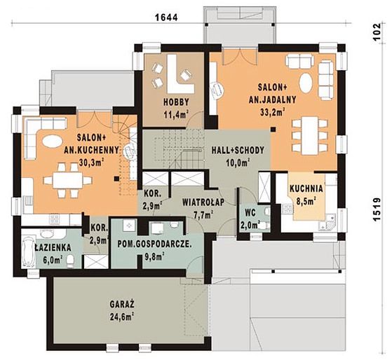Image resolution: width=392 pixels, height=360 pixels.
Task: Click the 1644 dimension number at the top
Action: (166, 18)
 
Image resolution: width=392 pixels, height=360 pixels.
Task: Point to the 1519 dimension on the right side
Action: (377, 209)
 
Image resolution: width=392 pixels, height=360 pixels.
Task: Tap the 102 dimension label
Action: (377, 32)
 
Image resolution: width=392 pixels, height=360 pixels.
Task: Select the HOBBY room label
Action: (176, 102)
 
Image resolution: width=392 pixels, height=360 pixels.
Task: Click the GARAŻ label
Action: (122, 305)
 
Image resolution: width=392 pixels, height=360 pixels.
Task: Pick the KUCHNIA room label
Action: (306, 188)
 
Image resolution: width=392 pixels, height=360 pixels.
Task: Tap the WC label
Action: (250, 213)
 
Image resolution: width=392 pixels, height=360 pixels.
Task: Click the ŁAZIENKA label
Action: (53, 248)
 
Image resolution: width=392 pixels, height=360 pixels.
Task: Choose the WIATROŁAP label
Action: (203, 202)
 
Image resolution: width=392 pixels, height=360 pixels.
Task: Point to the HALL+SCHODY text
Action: (238, 151)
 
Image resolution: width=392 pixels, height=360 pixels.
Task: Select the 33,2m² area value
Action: (273, 112)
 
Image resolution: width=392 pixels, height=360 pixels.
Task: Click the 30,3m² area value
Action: (91, 162)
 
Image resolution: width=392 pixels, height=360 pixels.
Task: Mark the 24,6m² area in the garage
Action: (121, 317)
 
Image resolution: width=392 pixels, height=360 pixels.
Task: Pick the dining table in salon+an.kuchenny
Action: (67, 180)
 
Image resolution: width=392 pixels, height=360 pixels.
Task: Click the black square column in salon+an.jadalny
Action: (273, 130)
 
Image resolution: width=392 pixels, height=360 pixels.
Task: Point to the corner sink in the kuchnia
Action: (330, 220)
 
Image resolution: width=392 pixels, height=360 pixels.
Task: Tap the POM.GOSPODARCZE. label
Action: (155, 244)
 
